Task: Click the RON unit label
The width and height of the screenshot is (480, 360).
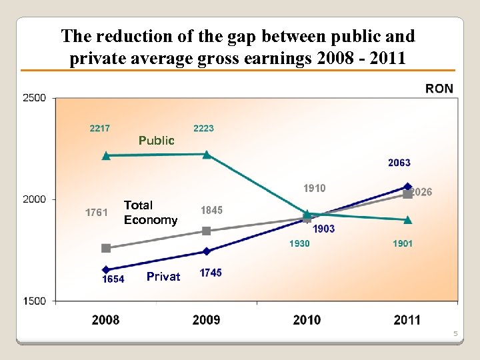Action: click(439, 89)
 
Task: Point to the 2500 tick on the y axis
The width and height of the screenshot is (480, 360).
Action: click(35, 98)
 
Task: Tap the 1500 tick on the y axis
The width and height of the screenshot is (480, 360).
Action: click(35, 301)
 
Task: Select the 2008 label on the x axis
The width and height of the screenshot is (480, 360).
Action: click(105, 320)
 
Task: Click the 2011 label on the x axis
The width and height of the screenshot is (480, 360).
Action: click(407, 320)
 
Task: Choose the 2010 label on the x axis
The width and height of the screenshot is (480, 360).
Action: click(307, 320)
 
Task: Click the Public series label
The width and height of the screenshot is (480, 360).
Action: click(156, 141)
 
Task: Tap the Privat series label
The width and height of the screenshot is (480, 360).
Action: click(163, 277)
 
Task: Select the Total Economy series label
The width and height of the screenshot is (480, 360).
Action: click(151, 213)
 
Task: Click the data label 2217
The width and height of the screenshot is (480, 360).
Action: click(100, 128)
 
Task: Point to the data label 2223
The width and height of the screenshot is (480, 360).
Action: click(203, 128)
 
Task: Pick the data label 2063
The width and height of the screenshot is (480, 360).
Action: click(399, 163)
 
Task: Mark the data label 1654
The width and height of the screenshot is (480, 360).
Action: click(113, 279)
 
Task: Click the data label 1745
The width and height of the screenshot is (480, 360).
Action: click(211, 273)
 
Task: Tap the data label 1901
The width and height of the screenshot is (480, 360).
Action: click(402, 243)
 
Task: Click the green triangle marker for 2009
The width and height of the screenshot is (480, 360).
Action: click(207, 155)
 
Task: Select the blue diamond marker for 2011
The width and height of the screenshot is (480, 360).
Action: click(408, 187)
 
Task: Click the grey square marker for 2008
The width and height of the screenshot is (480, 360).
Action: click(106, 248)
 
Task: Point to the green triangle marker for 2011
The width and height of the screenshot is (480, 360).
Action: click(408, 219)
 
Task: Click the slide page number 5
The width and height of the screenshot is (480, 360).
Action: click(456, 333)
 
